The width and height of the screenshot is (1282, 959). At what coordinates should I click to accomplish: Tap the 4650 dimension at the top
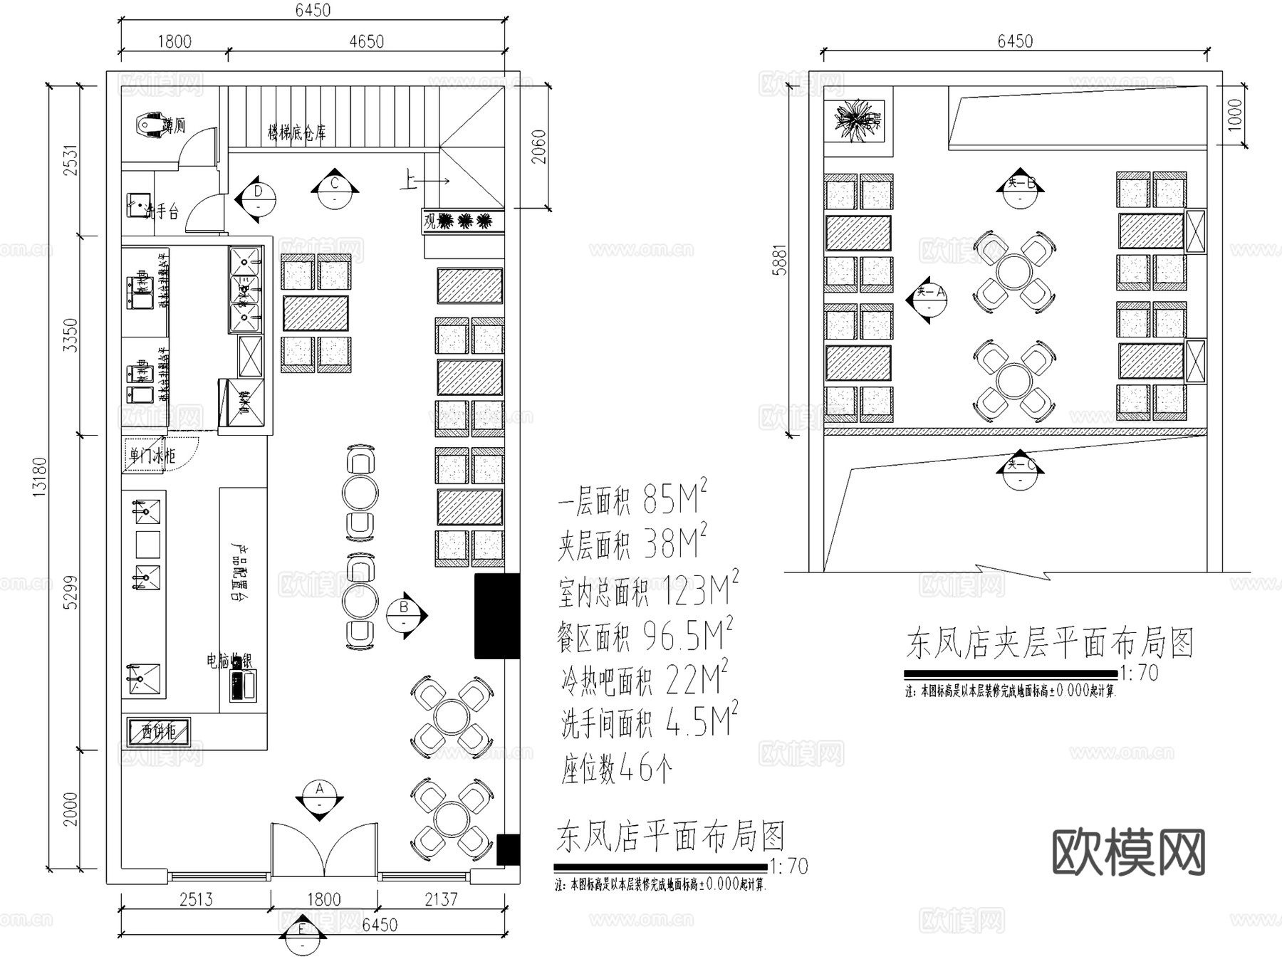tap(366, 41)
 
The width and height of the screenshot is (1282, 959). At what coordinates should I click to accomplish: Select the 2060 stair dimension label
tap(539, 147)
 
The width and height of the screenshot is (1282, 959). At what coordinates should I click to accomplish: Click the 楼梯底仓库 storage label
tap(296, 132)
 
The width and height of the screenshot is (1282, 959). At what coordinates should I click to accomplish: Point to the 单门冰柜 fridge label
tap(152, 455)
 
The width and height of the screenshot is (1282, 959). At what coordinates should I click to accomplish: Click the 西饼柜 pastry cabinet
tap(158, 730)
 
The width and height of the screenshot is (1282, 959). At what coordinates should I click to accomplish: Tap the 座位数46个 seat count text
tap(615, 768)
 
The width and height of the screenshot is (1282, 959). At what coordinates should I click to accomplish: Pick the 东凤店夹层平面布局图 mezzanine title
tap(1048, 644)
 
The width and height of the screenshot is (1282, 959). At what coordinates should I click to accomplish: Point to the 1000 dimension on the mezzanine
tap(1234, 114)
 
